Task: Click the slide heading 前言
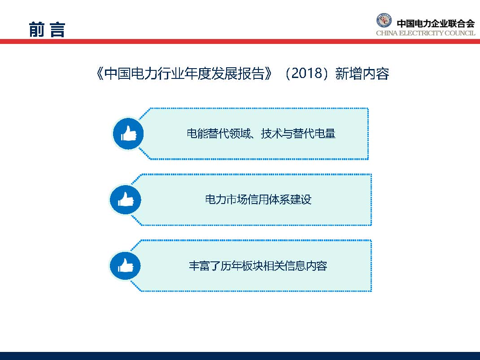(47, 30)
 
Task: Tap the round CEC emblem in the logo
(384, 22)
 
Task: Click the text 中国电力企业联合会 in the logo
(435, 23)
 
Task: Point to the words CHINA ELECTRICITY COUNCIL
(425, 34)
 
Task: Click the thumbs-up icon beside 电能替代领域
(128, 134)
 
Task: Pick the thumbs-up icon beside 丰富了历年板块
(126, 266)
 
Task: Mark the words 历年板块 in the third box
(244, 266)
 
